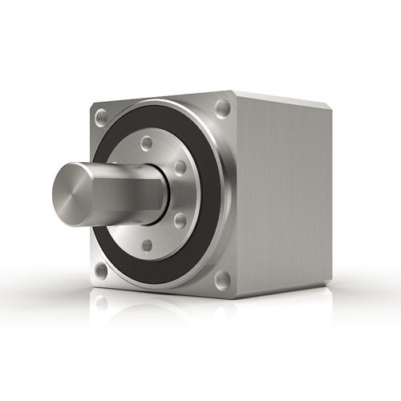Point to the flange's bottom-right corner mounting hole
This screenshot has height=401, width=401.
pyautogui.click(x=223, y=279)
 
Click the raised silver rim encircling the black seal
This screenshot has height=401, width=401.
pyautogui.click(x=225, y=192)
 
